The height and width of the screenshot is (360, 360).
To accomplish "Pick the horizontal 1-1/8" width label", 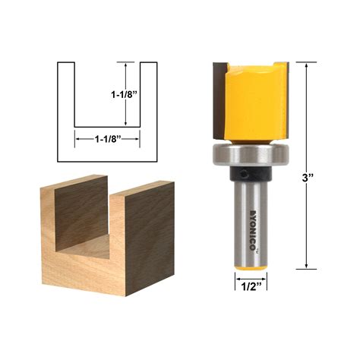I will coord(107,139).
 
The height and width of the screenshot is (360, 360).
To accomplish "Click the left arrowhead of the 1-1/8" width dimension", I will coord(76,139).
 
